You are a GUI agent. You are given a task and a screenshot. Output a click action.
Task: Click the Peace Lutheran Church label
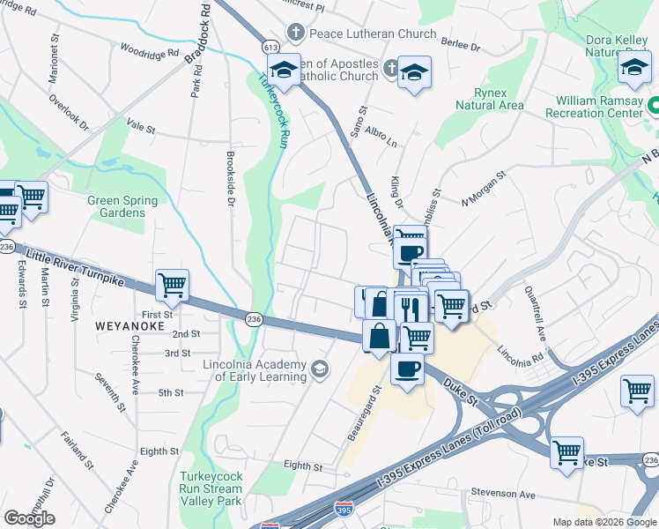pos(373,34)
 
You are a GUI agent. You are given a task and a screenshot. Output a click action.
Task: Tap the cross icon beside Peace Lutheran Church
pos(296,34)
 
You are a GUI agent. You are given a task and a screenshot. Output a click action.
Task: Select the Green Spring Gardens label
pos(116,206)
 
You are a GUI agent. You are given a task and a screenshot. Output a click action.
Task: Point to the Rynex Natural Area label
pos(490,99)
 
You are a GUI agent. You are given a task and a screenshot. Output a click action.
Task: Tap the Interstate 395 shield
pos(343,510)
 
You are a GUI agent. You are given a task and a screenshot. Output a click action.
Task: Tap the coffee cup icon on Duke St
pos(407,369)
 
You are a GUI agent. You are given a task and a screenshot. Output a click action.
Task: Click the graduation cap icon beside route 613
pos(285,70)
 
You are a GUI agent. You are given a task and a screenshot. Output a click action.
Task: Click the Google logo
pos(29,518)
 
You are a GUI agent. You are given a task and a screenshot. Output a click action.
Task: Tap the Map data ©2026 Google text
pos(603,522)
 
